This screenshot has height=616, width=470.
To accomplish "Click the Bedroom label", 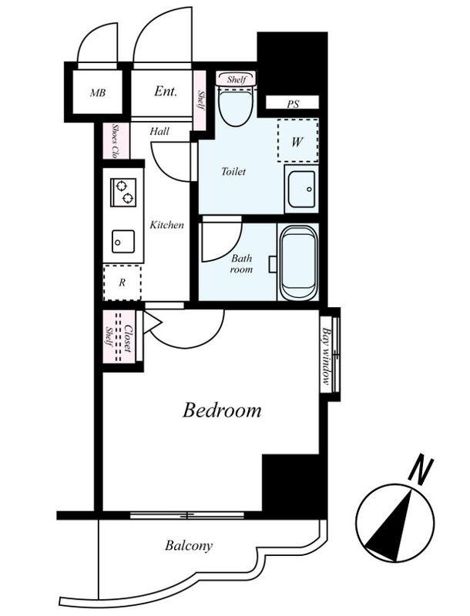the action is click(x=222, y=410).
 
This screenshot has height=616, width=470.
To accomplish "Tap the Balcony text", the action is click(x=189, y=546).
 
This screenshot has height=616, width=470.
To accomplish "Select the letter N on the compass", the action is click(x=421, y=470).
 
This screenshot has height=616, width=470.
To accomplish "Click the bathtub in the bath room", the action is click(x=298, y=263).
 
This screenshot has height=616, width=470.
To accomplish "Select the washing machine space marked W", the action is click(x=297, y=140).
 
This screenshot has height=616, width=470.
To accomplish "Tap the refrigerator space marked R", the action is click(x=123, y=283).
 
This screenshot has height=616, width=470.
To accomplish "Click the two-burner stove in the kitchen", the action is click(x=123, y=192).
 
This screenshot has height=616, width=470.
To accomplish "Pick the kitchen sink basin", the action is click(x=123, y=242).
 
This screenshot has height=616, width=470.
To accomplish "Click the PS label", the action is click(x=293, y=104).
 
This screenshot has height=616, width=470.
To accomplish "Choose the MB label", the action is click(x=97, y=93).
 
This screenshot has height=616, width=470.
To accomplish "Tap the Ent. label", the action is click(x=166, y=92).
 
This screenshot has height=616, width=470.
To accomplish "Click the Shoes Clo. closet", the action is click(x=116, y=141).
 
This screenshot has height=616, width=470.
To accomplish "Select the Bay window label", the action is click(x=326, y=356).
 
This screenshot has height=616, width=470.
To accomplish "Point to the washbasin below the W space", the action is click(x=301, y=189).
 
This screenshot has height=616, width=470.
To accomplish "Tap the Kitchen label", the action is click(x=166, y=225).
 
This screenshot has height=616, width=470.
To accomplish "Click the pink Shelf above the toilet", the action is click(x=237, y=79).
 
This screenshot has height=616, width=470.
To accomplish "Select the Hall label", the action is click(x=159, y=131).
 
